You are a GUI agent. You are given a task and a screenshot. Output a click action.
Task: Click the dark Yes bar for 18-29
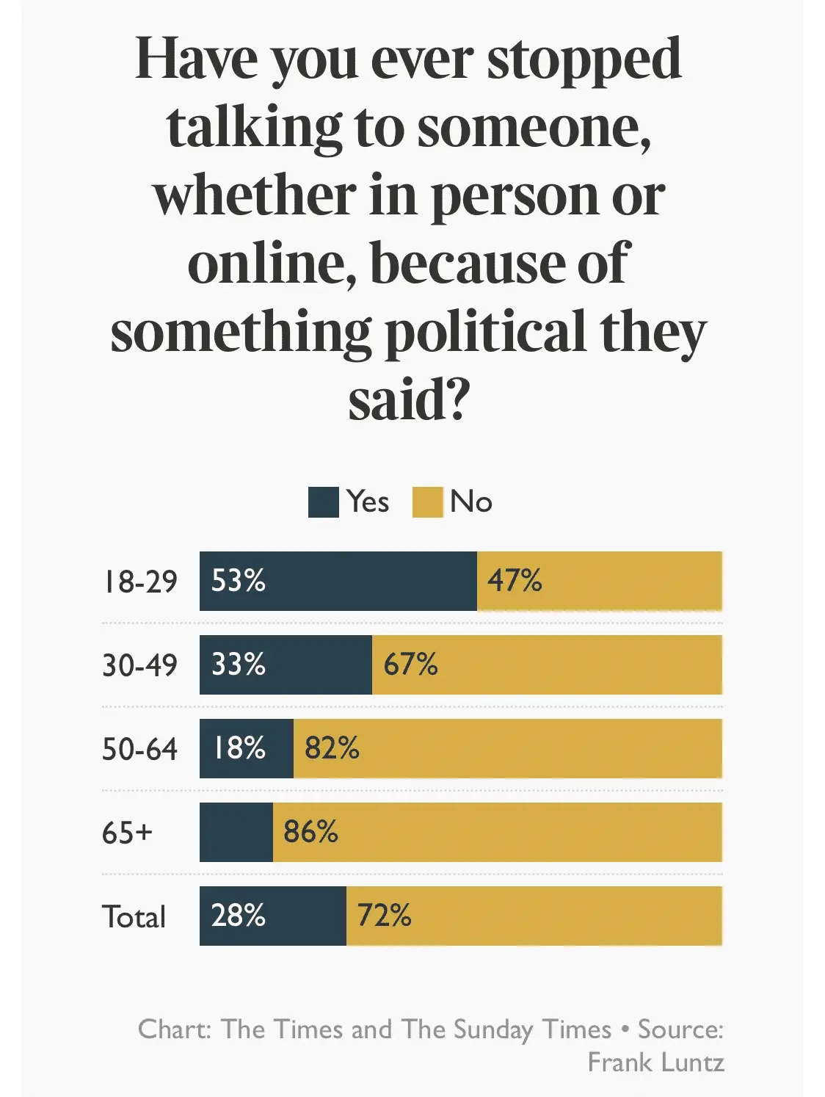[338, 581]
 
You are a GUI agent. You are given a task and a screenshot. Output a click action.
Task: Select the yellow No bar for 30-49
[547, 665]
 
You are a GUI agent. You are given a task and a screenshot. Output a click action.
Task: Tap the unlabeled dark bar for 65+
[236, 832]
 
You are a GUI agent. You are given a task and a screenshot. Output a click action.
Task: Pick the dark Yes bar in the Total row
[272, 916]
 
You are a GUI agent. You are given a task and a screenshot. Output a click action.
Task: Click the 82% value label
[332, 748]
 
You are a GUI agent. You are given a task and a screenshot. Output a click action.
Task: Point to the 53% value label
[238, 581]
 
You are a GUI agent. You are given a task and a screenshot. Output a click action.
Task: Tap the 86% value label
[310, 832]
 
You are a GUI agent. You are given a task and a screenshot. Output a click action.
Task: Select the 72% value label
[384, 916]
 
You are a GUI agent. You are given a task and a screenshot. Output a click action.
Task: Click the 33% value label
[238, 665]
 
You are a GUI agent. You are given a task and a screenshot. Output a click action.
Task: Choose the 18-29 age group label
[139, 582]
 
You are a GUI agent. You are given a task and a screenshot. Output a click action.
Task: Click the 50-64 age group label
[139, 749]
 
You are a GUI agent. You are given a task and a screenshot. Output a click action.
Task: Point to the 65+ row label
[127, 833]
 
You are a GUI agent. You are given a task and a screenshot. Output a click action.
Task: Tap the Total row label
[134, 916]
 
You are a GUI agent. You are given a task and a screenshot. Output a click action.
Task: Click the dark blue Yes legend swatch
[323, 502]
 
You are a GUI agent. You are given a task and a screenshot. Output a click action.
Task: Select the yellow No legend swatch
[427, 502]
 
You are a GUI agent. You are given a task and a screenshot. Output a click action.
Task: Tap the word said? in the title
[408, 400]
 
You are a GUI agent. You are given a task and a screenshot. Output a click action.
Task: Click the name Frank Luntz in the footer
[655, 1062]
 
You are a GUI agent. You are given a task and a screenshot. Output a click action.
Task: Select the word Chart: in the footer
[175, 1029]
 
